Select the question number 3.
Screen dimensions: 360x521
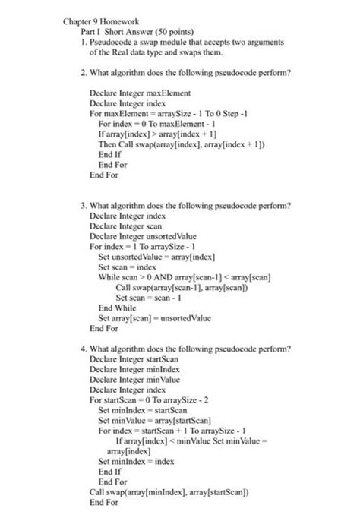click(x=84, y=206)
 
